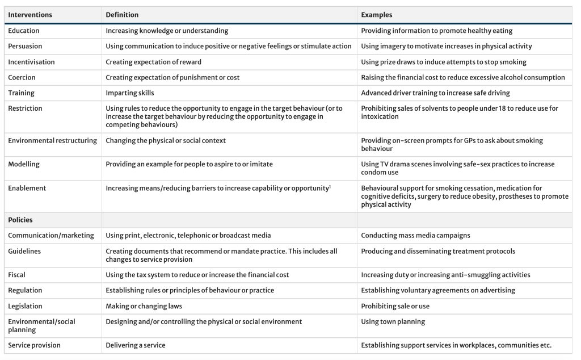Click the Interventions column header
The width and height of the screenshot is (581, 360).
30,15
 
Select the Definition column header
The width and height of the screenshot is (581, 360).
122,15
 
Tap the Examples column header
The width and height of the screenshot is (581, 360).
376,15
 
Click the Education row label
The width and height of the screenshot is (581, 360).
24,31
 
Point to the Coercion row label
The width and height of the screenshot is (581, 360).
22,77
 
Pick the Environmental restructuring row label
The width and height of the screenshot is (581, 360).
52,140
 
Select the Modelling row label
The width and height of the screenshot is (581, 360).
24,164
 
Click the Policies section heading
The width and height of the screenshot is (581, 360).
20,220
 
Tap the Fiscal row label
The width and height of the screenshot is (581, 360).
17,275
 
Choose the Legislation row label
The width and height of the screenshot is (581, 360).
25,306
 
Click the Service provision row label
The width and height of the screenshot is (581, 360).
34,345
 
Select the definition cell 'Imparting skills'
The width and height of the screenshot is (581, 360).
130,93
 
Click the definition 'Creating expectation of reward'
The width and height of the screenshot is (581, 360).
153,62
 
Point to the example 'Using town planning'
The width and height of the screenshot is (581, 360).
393,322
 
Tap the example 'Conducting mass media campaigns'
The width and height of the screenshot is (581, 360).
415,236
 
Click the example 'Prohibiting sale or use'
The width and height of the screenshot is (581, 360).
395,306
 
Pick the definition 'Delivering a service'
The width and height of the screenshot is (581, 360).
136,345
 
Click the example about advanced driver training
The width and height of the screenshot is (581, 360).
435,93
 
